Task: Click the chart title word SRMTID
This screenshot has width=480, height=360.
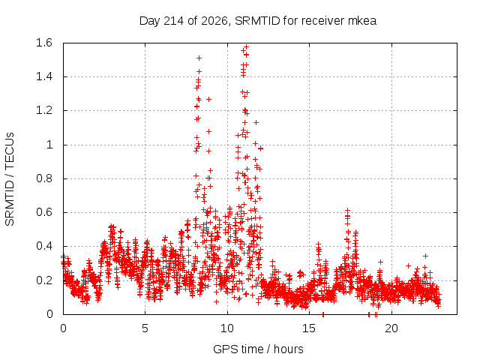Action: click(x=257, y=21)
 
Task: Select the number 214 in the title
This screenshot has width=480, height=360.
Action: click(x=174, y=21)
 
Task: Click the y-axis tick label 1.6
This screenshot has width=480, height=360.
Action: click(x=44, y=43)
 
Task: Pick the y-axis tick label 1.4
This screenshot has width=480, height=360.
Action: click(x=44, y=76)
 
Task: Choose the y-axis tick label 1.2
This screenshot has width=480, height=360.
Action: click(x=44, y=110)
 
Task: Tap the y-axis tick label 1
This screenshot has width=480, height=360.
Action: click(x=49, y=145)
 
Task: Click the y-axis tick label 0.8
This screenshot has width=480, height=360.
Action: click(x=44, y=178)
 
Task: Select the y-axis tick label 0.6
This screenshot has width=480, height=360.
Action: click(x=44, y=212)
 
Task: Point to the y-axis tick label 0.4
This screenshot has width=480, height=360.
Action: click(x=44, y=246)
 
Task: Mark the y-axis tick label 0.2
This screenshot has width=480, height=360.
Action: click(x=44, y=280)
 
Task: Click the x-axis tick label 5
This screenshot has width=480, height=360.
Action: click(x=145, y=328)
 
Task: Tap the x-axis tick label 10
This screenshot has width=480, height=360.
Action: click(x=226, y=328)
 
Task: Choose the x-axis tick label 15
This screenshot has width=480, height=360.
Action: click(x=309, y=328)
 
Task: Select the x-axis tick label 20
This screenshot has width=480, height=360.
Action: click(x=391, y=328)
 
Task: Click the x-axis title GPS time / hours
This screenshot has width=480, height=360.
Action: click(x=258, y=349)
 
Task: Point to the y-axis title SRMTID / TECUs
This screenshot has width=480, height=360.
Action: click(x=10, y=179)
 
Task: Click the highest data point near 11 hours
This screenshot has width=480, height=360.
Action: click(x=247, y=46)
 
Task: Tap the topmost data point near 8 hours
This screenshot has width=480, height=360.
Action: click(x=199, y=58)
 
